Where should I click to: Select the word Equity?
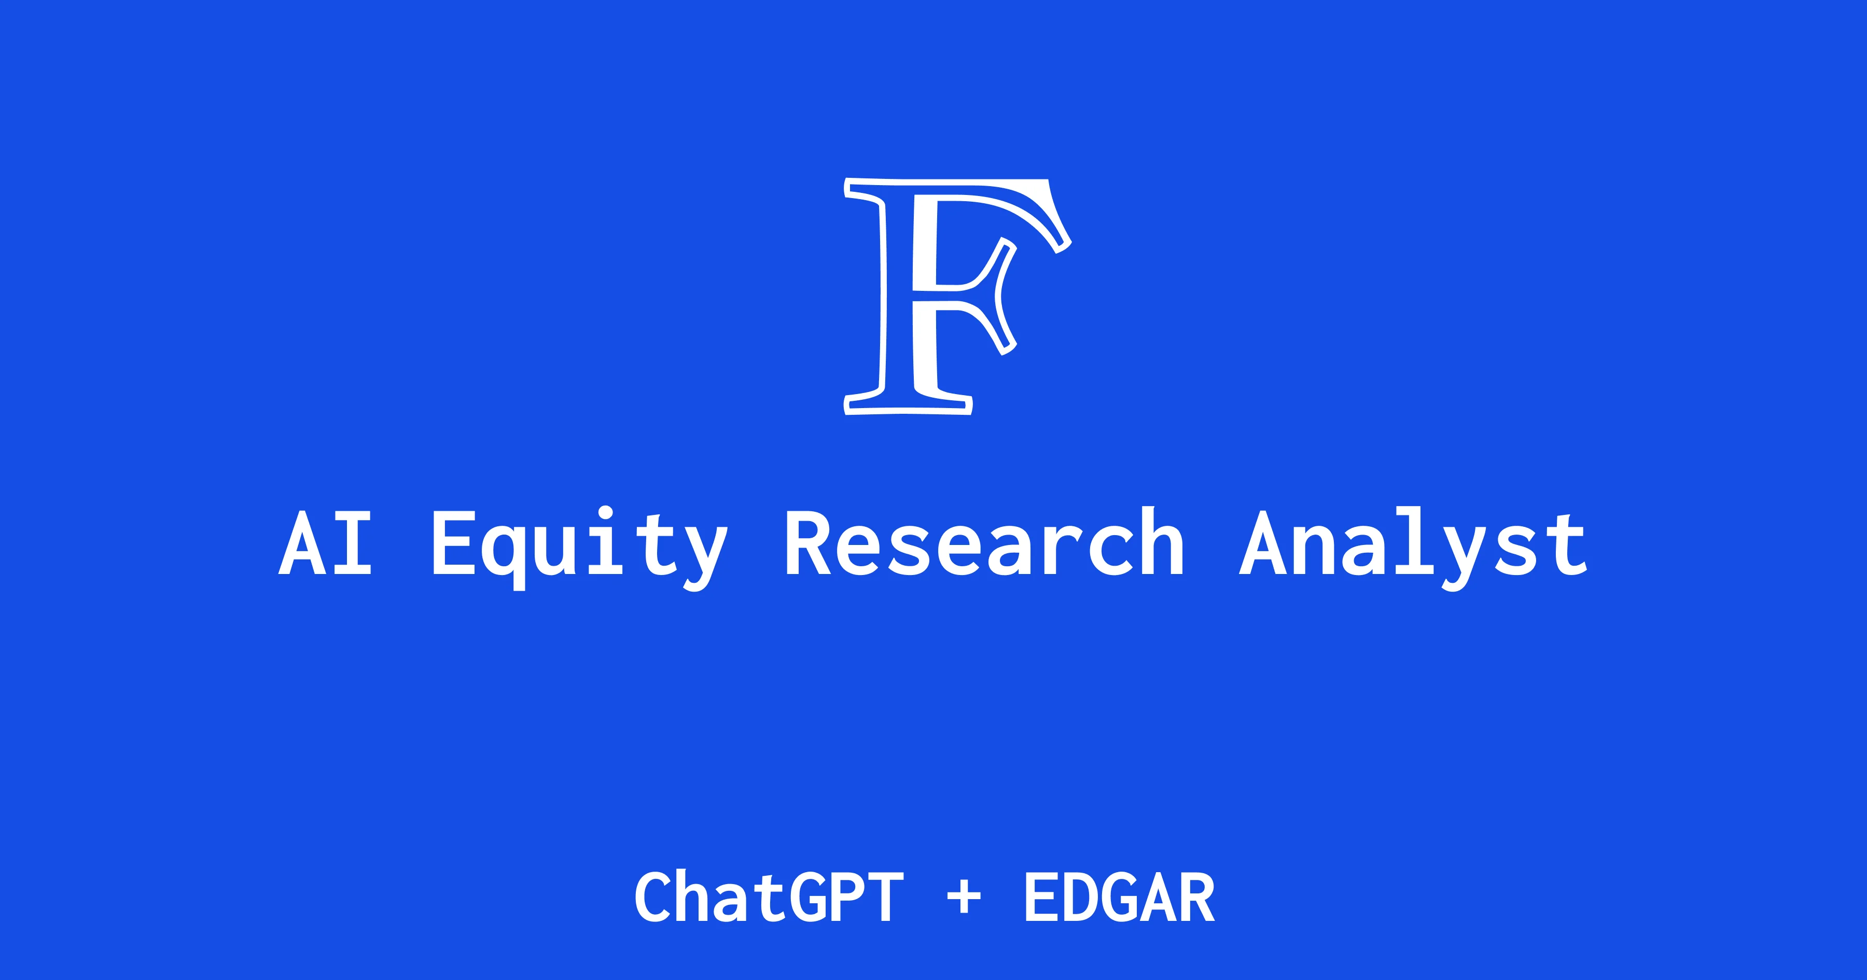point(580,545)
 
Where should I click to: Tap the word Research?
point(984,543)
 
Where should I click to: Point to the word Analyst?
point(1413,545)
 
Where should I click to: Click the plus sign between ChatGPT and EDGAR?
point(964,899)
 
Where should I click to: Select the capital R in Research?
point(807,543)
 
